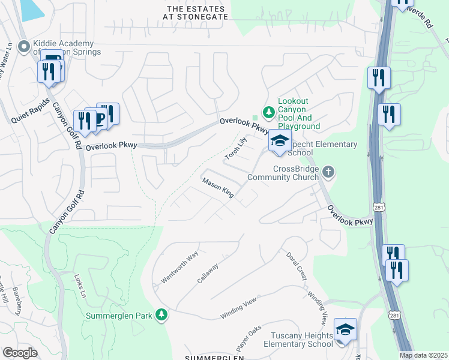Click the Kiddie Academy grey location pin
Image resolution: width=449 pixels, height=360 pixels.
pos(24,46)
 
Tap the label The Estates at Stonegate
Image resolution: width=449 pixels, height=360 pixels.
pos(197,13)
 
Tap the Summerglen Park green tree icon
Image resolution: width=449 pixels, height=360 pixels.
pos(161,315)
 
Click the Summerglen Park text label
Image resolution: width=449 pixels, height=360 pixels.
pos(119,316)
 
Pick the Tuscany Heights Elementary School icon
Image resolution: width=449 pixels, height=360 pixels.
pos(345,329)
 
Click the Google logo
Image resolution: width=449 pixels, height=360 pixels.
pos(20,353)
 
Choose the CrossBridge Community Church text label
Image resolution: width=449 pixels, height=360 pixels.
pos(296,173)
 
